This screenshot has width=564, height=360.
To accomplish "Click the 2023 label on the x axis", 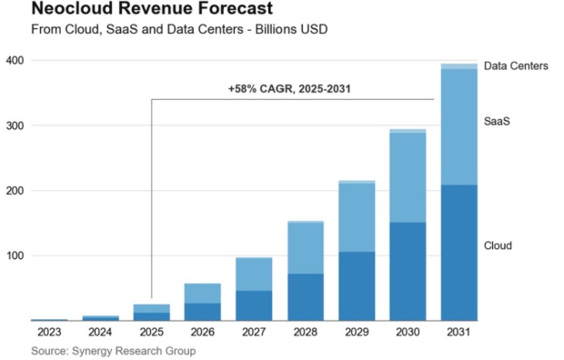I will click(48, 333).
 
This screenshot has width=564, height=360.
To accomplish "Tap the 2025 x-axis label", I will click(151, 333).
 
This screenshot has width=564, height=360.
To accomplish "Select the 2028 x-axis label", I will click(305, 333).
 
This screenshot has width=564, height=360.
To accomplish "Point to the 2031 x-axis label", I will click(458, 333).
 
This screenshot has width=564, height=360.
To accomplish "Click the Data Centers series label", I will click(515, 66).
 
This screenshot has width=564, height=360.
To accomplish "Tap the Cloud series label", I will click(499, 245).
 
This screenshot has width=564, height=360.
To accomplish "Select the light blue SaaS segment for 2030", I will click(408, 178).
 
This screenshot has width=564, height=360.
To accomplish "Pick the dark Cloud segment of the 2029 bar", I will click(356, 286).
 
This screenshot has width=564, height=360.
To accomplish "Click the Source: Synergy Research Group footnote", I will click(113, 350).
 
